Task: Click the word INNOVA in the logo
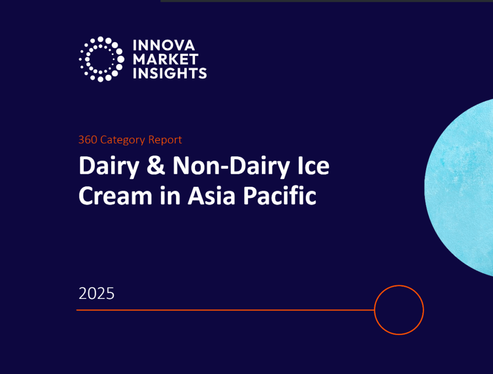point(164,45)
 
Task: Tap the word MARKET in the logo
point(166,59)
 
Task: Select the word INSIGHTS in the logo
point(170,73)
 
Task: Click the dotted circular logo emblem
point(101,59)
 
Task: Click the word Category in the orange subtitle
point(123,140)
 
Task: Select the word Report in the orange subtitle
point(165,140)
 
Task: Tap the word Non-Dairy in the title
point(231,167)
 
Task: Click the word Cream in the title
point(116,195)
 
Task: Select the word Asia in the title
point(212,195)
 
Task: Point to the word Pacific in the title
point(280,195)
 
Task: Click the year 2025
point(96,294)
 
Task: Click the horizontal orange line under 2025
point(225,310)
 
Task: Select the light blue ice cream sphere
point(459,188)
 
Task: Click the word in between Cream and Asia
point(170,195)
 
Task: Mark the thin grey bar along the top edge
point(327,1)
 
